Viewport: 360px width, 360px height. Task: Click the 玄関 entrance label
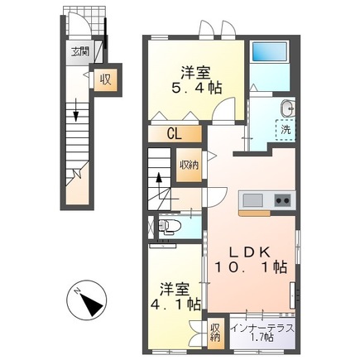click(80, 51)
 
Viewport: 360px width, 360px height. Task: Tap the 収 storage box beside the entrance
click(106, 80)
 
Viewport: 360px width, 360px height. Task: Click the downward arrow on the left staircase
click(76, 113)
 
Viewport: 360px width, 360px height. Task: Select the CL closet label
click(175, 134)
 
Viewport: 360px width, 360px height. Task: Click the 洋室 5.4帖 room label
click(196, 80)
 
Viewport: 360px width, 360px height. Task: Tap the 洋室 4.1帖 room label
click(175, 296)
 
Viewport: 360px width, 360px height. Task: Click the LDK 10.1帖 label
click(250, 260)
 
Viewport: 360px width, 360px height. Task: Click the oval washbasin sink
click(287, 108)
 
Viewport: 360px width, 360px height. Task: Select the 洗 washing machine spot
click(286, 130)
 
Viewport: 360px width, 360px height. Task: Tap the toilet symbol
click(169, 226)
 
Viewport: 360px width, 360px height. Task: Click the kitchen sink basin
click(252, 199)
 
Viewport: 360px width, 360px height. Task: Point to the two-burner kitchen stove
click(282, 200)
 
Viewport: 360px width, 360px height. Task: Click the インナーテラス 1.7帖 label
click(262, 333)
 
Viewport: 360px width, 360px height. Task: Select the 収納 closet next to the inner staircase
click(189, 166)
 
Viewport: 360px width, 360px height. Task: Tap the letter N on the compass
click(77, 291)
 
